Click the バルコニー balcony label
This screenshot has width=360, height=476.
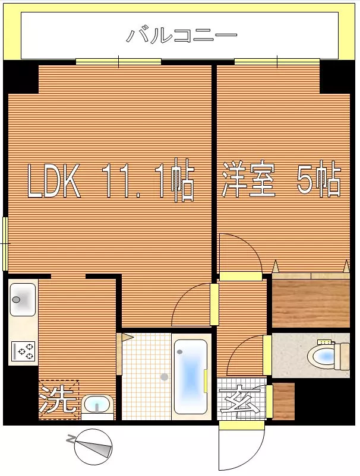coord(181,36)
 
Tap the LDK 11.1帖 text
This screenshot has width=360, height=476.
coord(110,180)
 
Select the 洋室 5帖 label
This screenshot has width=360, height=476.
coord(282,179)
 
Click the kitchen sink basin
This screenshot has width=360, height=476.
coord(23,300)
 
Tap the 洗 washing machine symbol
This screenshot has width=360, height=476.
coord(59,400)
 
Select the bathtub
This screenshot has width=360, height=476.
coord(191,377)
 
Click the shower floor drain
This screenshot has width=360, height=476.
coord(165,377)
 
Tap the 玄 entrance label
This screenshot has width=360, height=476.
coord(239,399)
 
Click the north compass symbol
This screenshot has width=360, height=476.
coord(93,447)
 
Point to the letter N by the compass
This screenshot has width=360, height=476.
coord(71,439)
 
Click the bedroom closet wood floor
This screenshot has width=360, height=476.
coord(311,303)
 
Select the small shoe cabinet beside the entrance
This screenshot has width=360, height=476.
coord(284,401)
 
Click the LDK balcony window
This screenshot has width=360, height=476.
coord(118,62)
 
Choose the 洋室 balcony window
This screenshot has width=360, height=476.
coord(277,62)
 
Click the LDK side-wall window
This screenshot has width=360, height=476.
coord(5,243)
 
